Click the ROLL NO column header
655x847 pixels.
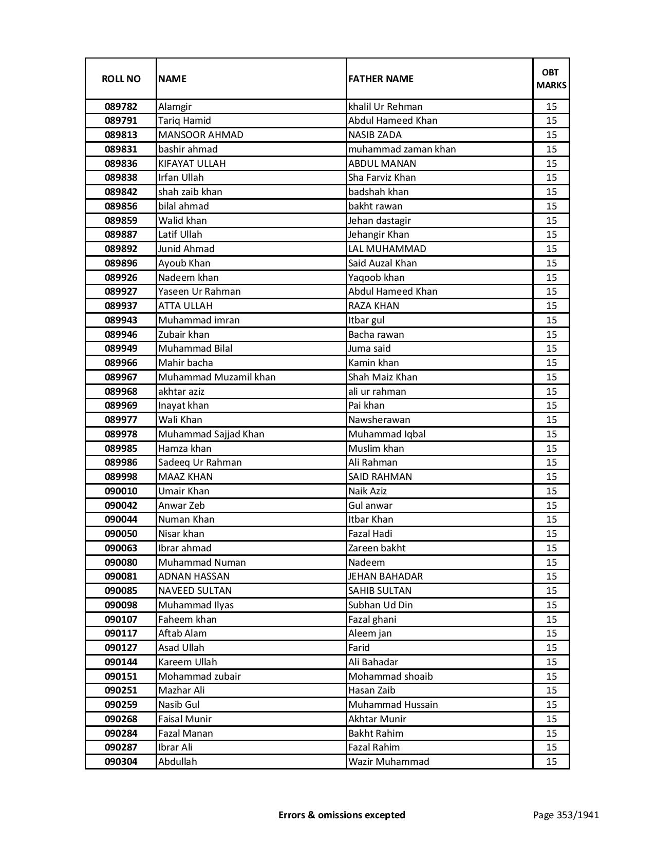[x=121, y=79]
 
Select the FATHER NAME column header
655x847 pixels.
[x=381, y=79]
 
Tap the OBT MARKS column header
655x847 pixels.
[x=551, y=79]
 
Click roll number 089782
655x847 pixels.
[x=121, y=107]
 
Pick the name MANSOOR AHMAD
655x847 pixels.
[x=201, y=135]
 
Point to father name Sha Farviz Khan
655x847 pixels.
[x=382, y=178]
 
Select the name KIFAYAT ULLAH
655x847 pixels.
[x=192, y=163]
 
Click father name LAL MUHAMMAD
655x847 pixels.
[x=387, y=249]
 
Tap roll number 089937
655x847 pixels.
[x=121, y=306]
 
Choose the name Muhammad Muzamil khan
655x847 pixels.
[x=217, y=377]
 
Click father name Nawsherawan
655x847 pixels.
[x=379, y=420]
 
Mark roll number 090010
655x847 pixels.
[x=121, y=491]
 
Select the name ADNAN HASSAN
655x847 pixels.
[x=194, y=576]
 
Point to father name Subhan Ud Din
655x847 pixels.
[x=381, y=605]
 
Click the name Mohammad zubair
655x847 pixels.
[x=199, y=677]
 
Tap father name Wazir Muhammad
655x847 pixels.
[x=388, y=762]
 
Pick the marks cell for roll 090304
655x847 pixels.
[x=551, y=762]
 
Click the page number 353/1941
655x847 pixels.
[x=566, y=815]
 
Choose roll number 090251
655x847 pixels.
[x=121, y=690]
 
